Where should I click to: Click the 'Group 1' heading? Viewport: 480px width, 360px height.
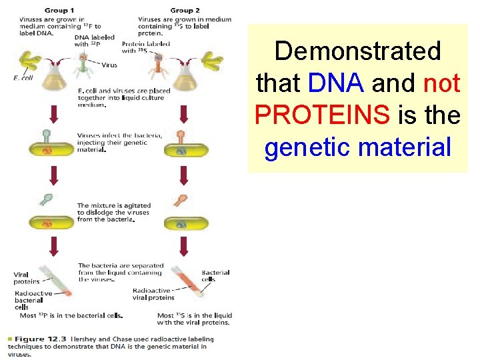[59, 10]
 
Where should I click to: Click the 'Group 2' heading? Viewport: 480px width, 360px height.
[185, 10]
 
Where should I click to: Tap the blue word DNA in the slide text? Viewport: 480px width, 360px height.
[337, 83]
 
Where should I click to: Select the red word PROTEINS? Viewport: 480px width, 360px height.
[322, 115]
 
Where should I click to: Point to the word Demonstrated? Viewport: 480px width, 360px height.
[357, 51]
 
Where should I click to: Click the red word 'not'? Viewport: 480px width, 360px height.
[441, 83]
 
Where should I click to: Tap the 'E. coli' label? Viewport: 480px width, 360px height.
[23, 79]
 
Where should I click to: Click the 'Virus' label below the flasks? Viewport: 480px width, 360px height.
[109, 65]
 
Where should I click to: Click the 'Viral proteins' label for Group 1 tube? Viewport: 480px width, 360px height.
[27, 277]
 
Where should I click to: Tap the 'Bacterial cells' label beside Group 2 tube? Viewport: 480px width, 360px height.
[215, 275]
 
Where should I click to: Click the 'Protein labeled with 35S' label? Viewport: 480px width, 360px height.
[145, 47]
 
